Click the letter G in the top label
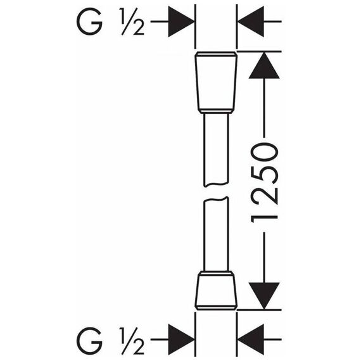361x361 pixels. (89, 22)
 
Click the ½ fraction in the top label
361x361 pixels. (132, 22)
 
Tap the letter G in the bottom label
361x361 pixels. (89, 339)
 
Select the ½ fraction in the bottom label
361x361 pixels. (132, 340)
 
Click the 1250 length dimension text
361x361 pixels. (264, 183)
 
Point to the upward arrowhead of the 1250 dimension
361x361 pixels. (264, 65)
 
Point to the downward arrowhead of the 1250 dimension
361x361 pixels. (264, 296)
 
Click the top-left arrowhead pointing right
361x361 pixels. (181, 22)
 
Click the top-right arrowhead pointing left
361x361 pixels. (251, 22)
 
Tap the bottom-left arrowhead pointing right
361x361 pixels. (181, 339)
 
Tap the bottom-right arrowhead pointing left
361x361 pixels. (251, 339)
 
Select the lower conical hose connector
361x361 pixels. (216, 293)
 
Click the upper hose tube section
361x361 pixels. (216, 149)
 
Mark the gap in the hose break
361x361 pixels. (216, 191)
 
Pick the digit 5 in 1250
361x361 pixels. (264, 172)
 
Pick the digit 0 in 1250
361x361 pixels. (264, 152)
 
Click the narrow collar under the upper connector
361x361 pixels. (216, 111)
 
